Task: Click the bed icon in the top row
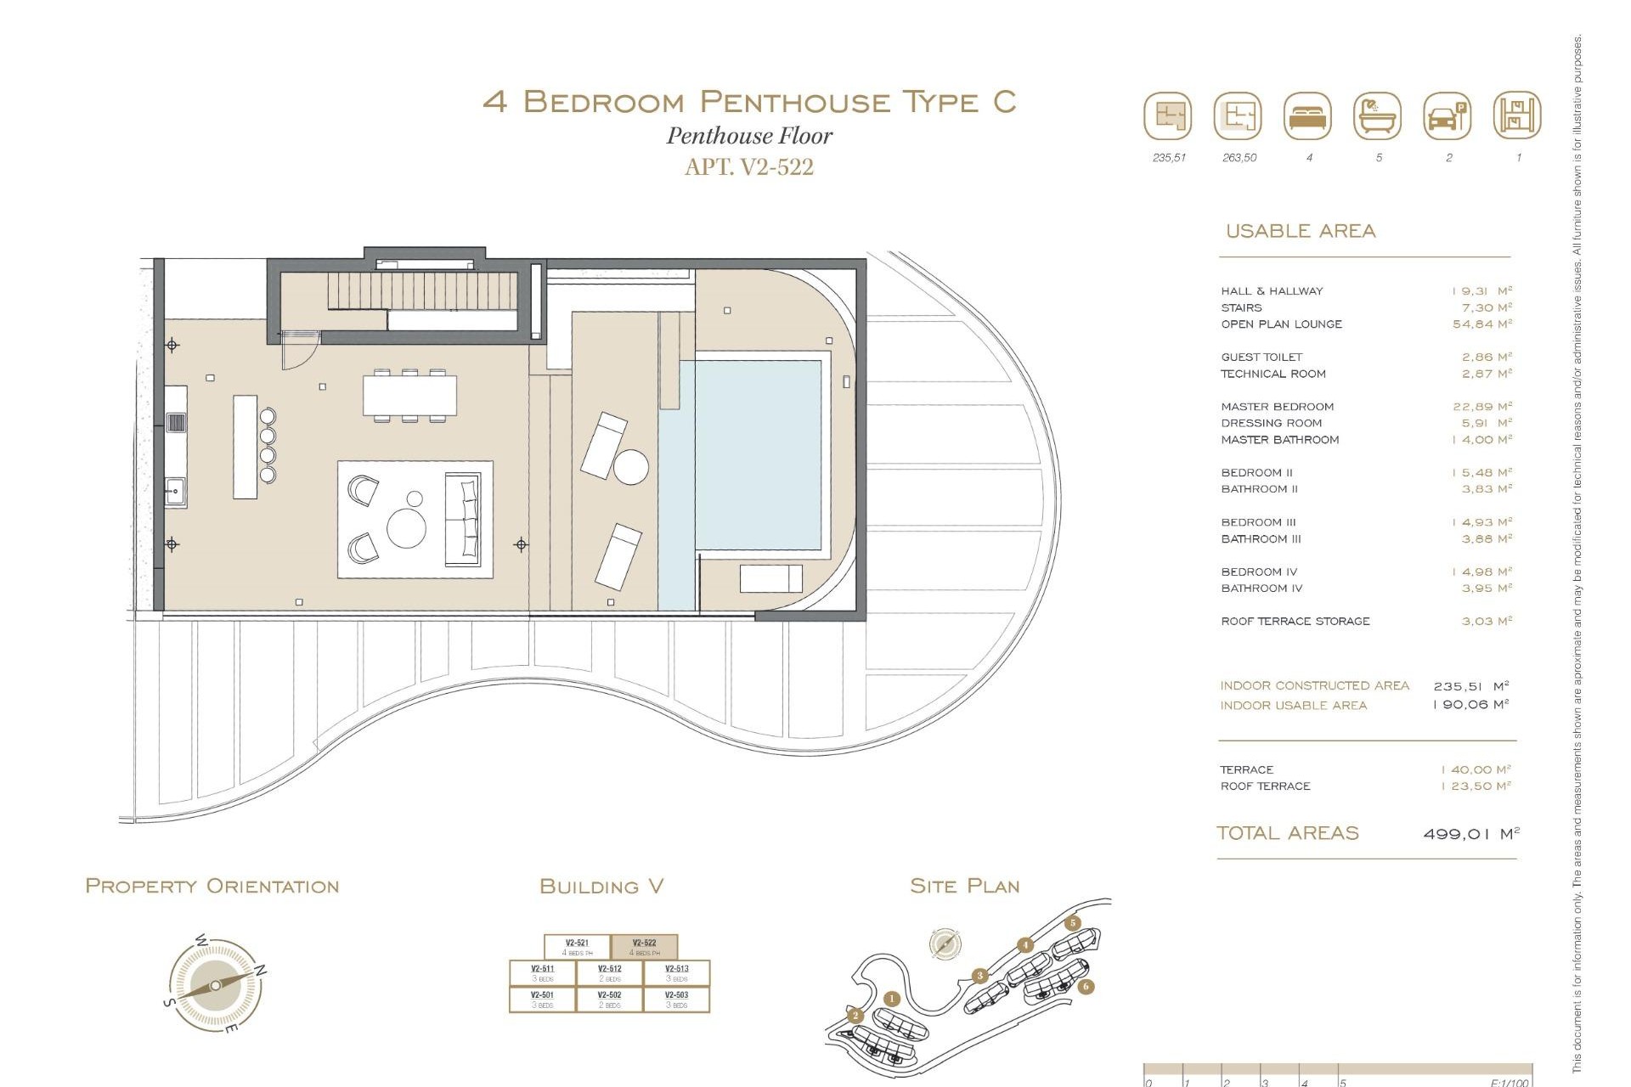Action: coord(1308,116)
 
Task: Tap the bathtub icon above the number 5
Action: coord(1377,116)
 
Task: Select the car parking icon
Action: coord(1448,116)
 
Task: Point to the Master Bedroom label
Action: coord(1277,407)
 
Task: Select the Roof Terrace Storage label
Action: coord(1295,622)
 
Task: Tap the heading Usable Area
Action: coord(1300,231)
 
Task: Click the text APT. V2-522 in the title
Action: coord(748,167)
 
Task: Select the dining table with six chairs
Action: coord(409,396)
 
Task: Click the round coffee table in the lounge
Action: coord(406,528)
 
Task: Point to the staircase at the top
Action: coord(422,291)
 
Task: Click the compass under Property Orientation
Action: coord(216,985)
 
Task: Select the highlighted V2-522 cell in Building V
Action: coord(644,947)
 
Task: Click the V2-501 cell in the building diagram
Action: coord(542,999)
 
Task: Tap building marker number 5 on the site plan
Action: coord(1073,923)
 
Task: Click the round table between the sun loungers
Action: coord(631,467)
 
